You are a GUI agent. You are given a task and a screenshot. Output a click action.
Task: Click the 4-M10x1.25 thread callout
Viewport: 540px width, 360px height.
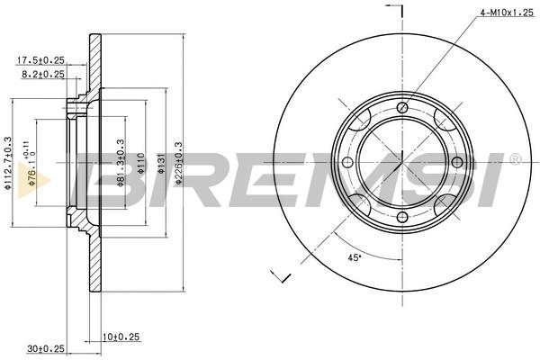507,13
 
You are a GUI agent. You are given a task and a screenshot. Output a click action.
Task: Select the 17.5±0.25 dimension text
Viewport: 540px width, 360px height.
40,60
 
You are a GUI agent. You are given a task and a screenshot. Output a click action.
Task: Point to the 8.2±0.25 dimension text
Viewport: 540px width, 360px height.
43,74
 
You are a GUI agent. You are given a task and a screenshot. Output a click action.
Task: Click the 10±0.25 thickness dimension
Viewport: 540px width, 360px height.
121,337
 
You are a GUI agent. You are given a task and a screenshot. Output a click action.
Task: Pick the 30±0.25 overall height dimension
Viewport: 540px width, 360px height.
46,348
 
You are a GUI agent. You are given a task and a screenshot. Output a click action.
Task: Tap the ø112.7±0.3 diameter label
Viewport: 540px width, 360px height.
8,163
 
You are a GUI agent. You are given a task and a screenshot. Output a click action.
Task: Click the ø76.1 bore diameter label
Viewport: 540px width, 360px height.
31,164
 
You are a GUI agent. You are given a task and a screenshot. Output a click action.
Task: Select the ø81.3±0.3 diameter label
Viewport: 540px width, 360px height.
121,163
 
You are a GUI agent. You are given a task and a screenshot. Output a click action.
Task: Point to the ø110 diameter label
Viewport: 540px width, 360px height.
140,163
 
